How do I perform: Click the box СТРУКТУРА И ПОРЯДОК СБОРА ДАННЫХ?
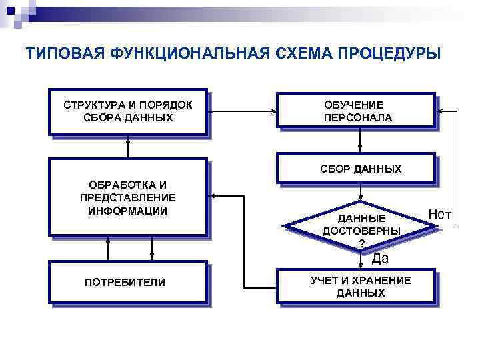pos(128,112)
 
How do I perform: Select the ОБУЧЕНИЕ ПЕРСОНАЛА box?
pos(357,112)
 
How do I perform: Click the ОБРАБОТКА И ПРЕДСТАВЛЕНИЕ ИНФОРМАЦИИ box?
pos(128,197)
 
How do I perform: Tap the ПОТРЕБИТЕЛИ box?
pos(128,283)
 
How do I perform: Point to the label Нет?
pos(440,214)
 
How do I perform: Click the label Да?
pos(380,259)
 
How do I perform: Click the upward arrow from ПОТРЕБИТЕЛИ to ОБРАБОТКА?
pos(107,249)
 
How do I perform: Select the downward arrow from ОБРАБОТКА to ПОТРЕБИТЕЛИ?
pos(153,249)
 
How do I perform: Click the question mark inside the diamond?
pos(361,243)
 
